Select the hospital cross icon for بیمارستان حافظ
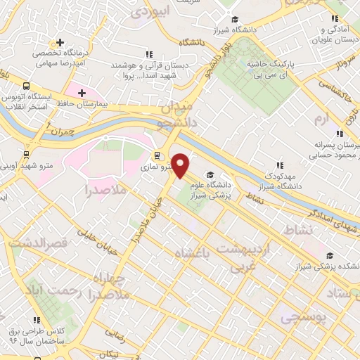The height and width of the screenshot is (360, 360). click(82, 93)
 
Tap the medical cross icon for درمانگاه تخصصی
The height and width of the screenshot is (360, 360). click(61, 43)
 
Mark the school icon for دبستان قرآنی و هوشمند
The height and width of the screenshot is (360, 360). click(148, 54)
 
